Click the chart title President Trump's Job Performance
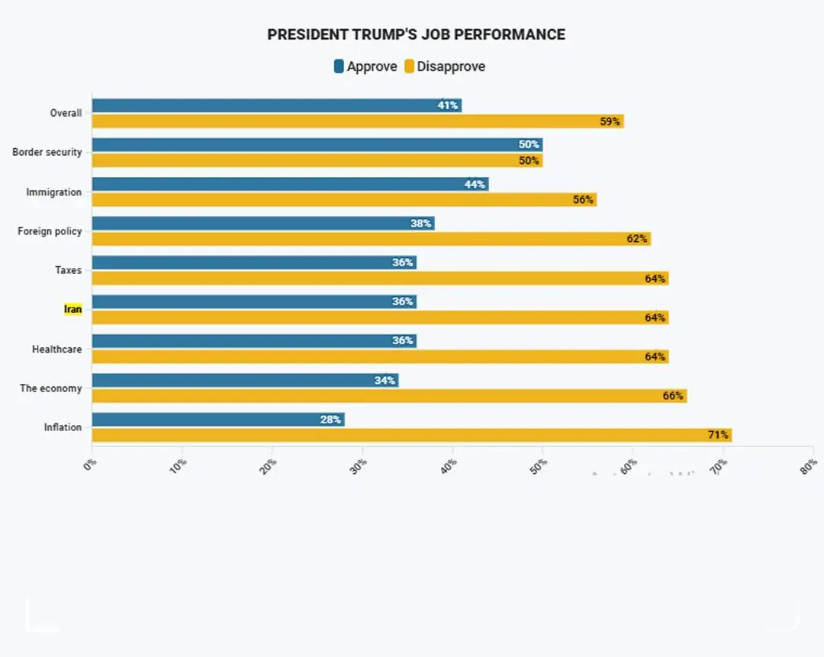(416, 34)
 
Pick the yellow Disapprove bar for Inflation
(411, 435)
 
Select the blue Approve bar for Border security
(317, 144)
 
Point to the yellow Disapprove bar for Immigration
(343, 199)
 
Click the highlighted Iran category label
(72, 310)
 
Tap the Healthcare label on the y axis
(56, 349)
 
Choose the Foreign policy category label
(50, 231)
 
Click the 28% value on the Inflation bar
(330, 420)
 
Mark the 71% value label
(718, 435)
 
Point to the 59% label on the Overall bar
(610, 121)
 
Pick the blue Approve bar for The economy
(245, 380)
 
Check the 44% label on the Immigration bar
(475, 184)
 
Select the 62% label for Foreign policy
(637, 239)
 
